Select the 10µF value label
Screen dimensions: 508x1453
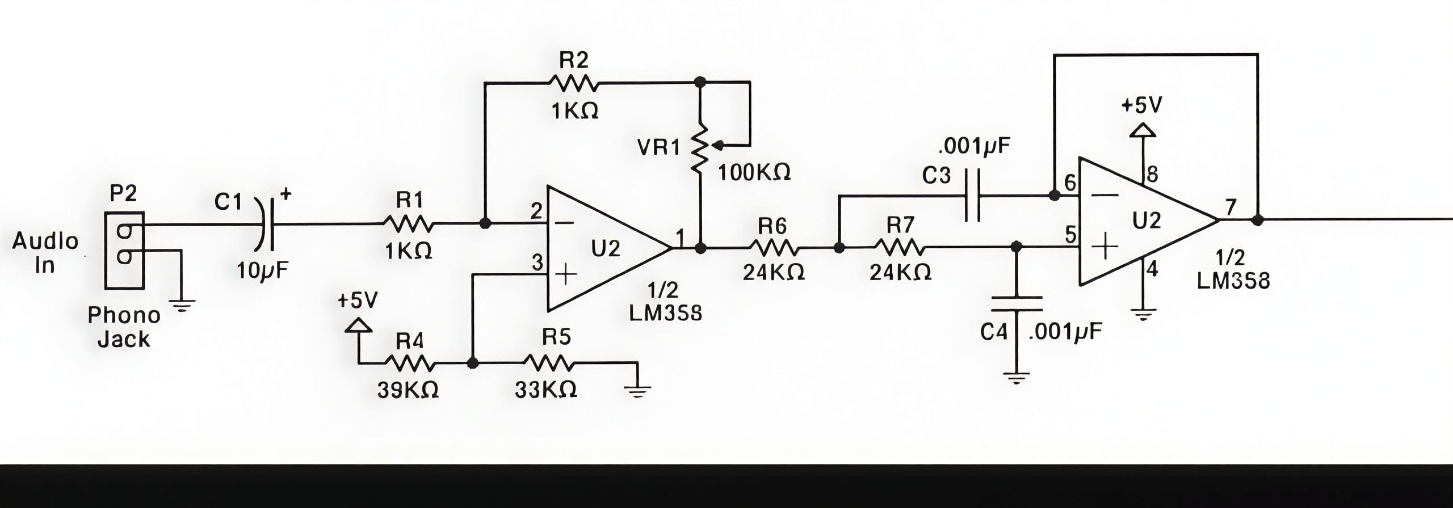point(262,272)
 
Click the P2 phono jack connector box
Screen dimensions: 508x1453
point(124,249)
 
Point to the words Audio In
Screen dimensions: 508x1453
point(45,253)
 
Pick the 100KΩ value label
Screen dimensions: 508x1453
point(754,172)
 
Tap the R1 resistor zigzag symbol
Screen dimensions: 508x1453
point(409,224)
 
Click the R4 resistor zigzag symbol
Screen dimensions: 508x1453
point(410,363)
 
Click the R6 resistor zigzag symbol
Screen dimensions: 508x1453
point(774,248)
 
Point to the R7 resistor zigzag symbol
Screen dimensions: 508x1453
point(900,248)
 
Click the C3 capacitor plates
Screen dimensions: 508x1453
point(972,197)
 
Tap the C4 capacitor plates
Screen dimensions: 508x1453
point(1016,304)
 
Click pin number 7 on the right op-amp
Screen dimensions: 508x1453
point(1231,208)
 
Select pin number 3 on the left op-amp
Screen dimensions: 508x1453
point(537,263)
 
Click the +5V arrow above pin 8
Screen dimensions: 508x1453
point(1143,132)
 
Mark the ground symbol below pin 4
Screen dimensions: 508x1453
point(1143,314)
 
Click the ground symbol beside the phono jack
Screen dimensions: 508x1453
point(182,307)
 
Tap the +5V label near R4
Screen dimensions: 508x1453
point(357,300)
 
